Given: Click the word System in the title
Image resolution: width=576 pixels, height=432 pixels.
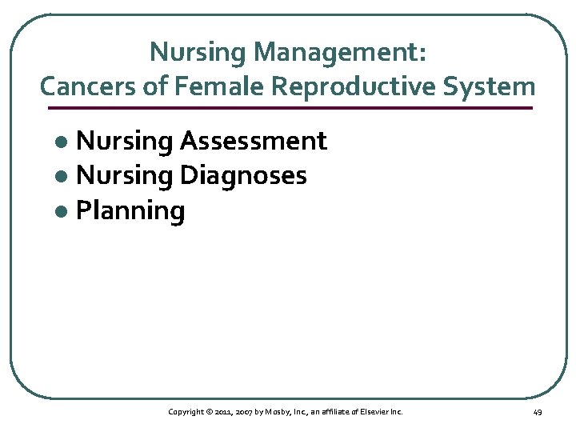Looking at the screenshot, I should pyautogui.click(x=491, y=85).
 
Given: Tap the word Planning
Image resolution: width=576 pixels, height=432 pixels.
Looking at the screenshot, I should pyautogui.click(x=130, y=211).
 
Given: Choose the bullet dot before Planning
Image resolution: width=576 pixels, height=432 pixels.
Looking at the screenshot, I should pyautogui.click(x=66, y=212).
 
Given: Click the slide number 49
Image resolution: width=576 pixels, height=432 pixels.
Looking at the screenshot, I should pyautogui.click(x=537, y=412).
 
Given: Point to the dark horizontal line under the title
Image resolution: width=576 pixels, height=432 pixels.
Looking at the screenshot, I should pyautogui.click(x=288, y=107).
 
